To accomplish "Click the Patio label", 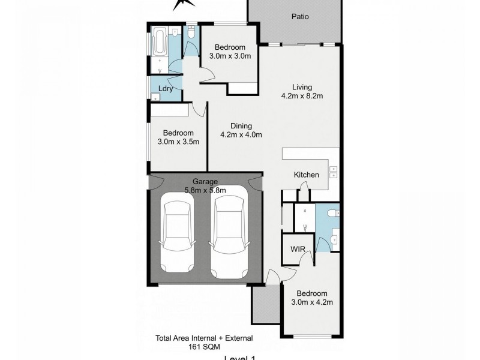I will tap(300, 17).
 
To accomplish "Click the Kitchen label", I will tap(306, 175).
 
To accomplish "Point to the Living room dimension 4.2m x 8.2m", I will tap(302, 95).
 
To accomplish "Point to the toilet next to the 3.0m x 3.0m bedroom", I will tap(191, 34).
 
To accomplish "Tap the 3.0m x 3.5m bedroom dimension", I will tap(178, 142).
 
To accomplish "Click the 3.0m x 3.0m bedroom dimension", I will tap(229, 56).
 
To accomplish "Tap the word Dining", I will tap(240, 126).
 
